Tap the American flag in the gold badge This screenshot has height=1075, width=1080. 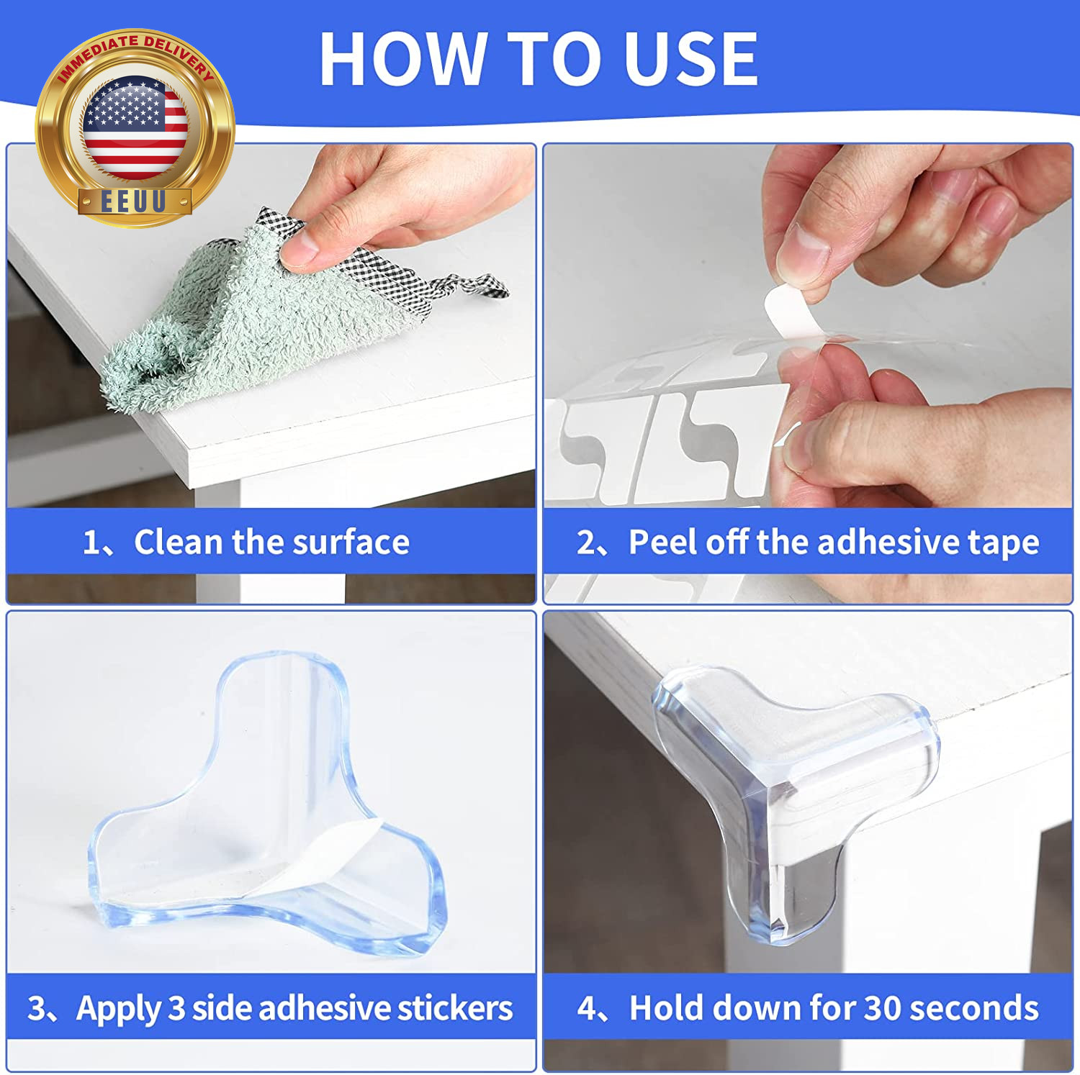tap(135, 127)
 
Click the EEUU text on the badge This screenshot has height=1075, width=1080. tap(134, 201)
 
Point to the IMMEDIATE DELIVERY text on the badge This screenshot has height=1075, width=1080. tap(135, 54)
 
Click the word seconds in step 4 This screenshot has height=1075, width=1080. tap(974, 1008)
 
